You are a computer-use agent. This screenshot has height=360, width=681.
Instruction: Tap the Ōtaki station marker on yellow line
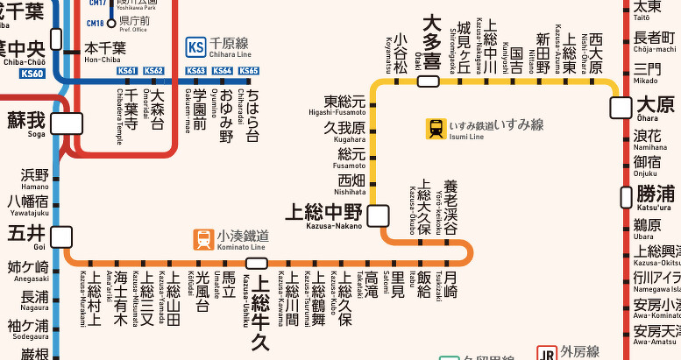tap(428, 81)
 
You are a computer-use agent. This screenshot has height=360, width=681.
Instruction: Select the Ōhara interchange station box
tap(621, 107)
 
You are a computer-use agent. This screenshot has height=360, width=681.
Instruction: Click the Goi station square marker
tap(61, 236)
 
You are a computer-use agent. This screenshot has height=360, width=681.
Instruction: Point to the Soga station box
tap(66, 124)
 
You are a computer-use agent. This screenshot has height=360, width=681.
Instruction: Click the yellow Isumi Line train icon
tap(436, 129)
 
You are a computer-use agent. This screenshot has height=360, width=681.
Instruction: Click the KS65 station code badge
tap(249, 71)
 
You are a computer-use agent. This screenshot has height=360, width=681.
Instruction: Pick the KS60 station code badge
tap(32, 74)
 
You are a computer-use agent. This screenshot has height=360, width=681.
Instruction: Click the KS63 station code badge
tap(195, 71)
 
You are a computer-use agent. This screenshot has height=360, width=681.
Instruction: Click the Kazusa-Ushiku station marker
tap(257, 263)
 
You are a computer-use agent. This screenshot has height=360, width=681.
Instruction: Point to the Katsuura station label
tap(656, 196)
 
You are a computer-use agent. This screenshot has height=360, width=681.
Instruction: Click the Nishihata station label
tap(351, 185)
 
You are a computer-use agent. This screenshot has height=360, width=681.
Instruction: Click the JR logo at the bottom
tap(548, 353)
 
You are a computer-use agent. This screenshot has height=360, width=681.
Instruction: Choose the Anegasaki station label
tap(29, 271)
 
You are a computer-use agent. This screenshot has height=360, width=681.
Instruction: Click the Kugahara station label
tap(344, 132)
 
